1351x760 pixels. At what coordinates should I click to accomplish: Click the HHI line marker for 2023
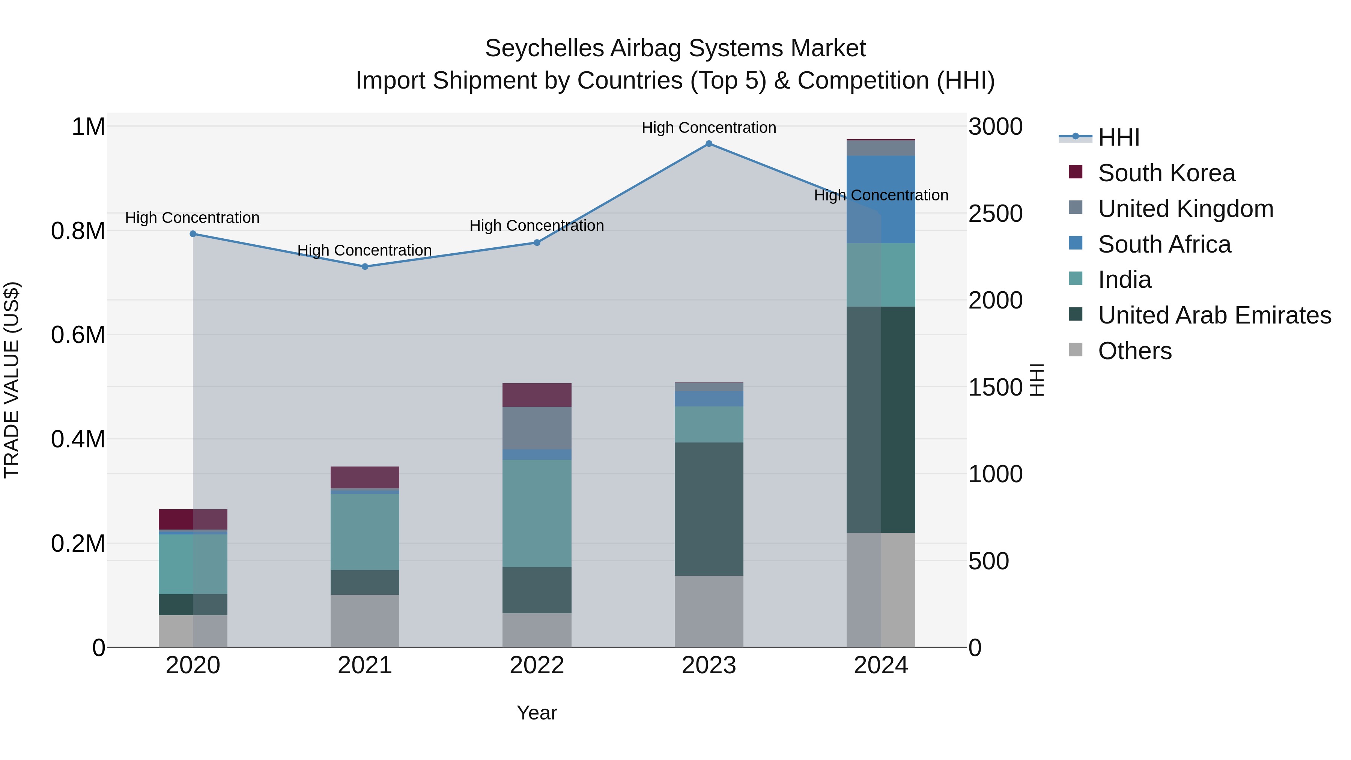click(x=709, y=144)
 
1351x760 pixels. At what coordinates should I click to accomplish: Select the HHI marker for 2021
click(x=365, y=266)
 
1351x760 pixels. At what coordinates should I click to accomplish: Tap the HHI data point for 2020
click(x=193, y=234)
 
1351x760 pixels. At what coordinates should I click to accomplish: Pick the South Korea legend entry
click(x=1166, y=173)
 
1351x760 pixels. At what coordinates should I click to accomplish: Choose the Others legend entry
click(x=1134, y=351)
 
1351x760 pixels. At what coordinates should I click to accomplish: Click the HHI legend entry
click(x=1118, y=137)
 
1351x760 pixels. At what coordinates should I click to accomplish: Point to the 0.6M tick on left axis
click(x=78, y=335)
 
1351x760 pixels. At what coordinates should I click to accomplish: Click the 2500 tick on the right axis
click(x=995, y=214)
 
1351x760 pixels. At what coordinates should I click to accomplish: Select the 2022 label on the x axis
click(x=537, y=665)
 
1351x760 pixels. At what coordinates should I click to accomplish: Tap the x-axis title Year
click(x=537, y=713)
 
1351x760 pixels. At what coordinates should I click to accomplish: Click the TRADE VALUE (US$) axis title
click(x=12, y=380)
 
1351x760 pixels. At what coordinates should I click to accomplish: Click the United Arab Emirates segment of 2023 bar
click(x=709, y=509)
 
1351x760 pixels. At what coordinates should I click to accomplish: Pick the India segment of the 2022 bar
click(x=537, y=513)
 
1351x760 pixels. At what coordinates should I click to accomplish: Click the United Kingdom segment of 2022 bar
click(x=537, y=428)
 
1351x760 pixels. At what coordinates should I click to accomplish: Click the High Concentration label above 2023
click(x=709, y=128)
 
